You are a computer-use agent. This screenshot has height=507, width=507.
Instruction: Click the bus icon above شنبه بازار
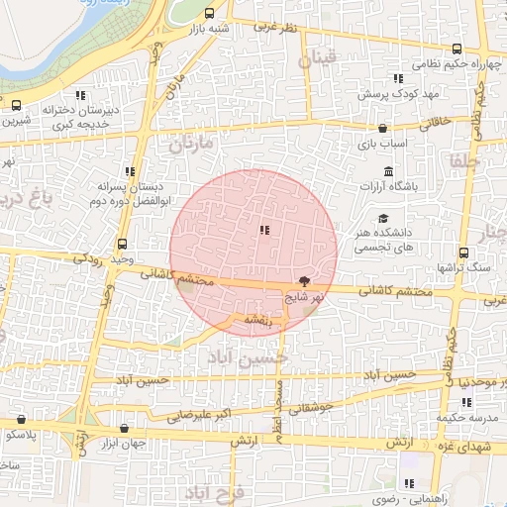click(209, 14)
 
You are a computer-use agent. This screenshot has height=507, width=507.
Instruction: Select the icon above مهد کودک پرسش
click(398, 78)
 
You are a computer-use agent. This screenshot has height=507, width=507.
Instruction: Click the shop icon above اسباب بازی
click(383, 128)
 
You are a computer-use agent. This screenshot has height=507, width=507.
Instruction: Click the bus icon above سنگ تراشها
click(465, 253)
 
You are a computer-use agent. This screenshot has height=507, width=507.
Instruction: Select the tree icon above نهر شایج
click(303, 281)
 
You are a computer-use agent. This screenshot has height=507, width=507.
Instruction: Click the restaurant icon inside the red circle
click(263, 231)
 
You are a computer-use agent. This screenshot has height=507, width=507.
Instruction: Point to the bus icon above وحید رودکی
click(122, 244)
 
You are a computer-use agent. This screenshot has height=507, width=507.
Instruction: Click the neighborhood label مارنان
click(190, 146)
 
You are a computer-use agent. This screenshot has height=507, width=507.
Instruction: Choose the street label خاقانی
click(436, 123)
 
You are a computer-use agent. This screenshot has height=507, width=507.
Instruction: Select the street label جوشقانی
click(310, 406)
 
